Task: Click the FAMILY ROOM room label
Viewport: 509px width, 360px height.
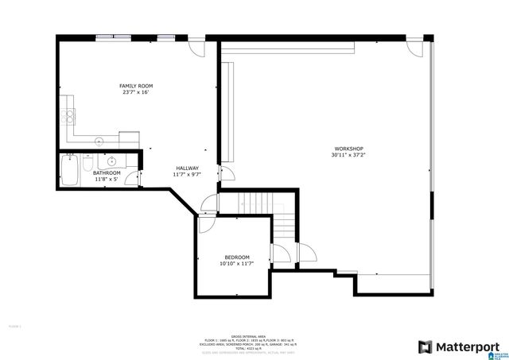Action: tap(136, 86)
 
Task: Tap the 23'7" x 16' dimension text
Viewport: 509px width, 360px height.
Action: tap(136, 93)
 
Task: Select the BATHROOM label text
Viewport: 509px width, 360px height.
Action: tap(107, 172)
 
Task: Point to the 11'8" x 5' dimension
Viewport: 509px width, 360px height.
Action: tap(107, 180)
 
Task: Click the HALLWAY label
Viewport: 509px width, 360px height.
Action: tap(188, 168)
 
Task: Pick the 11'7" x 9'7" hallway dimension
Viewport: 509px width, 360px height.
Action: tap(188, 175)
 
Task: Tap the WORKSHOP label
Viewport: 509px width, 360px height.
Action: tap(348, 149)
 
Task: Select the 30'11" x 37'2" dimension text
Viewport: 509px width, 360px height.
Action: tap(348, 156)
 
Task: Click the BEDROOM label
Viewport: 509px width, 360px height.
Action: tap(237, 257)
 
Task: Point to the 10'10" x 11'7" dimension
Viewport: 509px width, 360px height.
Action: tap(237, 264)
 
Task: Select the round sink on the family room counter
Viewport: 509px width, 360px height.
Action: tap(99, 141)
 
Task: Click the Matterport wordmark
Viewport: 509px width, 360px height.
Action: tap(472, 346)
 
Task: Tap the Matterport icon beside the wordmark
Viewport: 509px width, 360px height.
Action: tap(425, 346)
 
